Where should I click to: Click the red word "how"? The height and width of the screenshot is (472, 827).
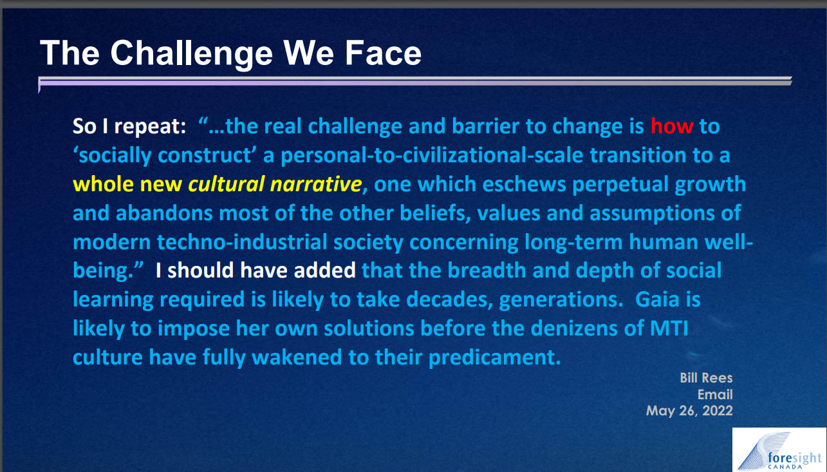pyautogui.click(x=671, y=126)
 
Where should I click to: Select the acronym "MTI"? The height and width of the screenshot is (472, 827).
pyautogui.click(x=669, y=328)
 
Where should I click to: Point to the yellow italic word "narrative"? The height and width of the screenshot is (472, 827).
pyautogui.click(x=316, y=184)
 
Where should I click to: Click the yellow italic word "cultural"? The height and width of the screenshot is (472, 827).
pyautogui.click(x=227, y=184)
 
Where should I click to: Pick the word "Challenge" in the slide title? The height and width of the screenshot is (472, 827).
pyautogui.click(x=192, y=53)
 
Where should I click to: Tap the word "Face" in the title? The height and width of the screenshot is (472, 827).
pyautogui.click(x=383, y=53)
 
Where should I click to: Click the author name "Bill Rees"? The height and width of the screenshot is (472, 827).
pyautogui.click(x=706, y=378)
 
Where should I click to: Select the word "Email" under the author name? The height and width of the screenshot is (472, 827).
pyautogui.click(x=715, y=395)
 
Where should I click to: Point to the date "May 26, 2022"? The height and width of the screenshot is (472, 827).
pyautogui.click(x=689, y=411)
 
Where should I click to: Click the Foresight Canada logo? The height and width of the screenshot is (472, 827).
pyautogui.click(x=779, y=449)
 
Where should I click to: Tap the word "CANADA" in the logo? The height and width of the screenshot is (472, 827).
pyautogui.click(x=785, y=467)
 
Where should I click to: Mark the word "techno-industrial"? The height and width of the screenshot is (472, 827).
pyautogui.click(x=242, y=242)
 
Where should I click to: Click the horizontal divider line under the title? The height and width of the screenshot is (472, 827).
pyautogui.click(x=415, y=82)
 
